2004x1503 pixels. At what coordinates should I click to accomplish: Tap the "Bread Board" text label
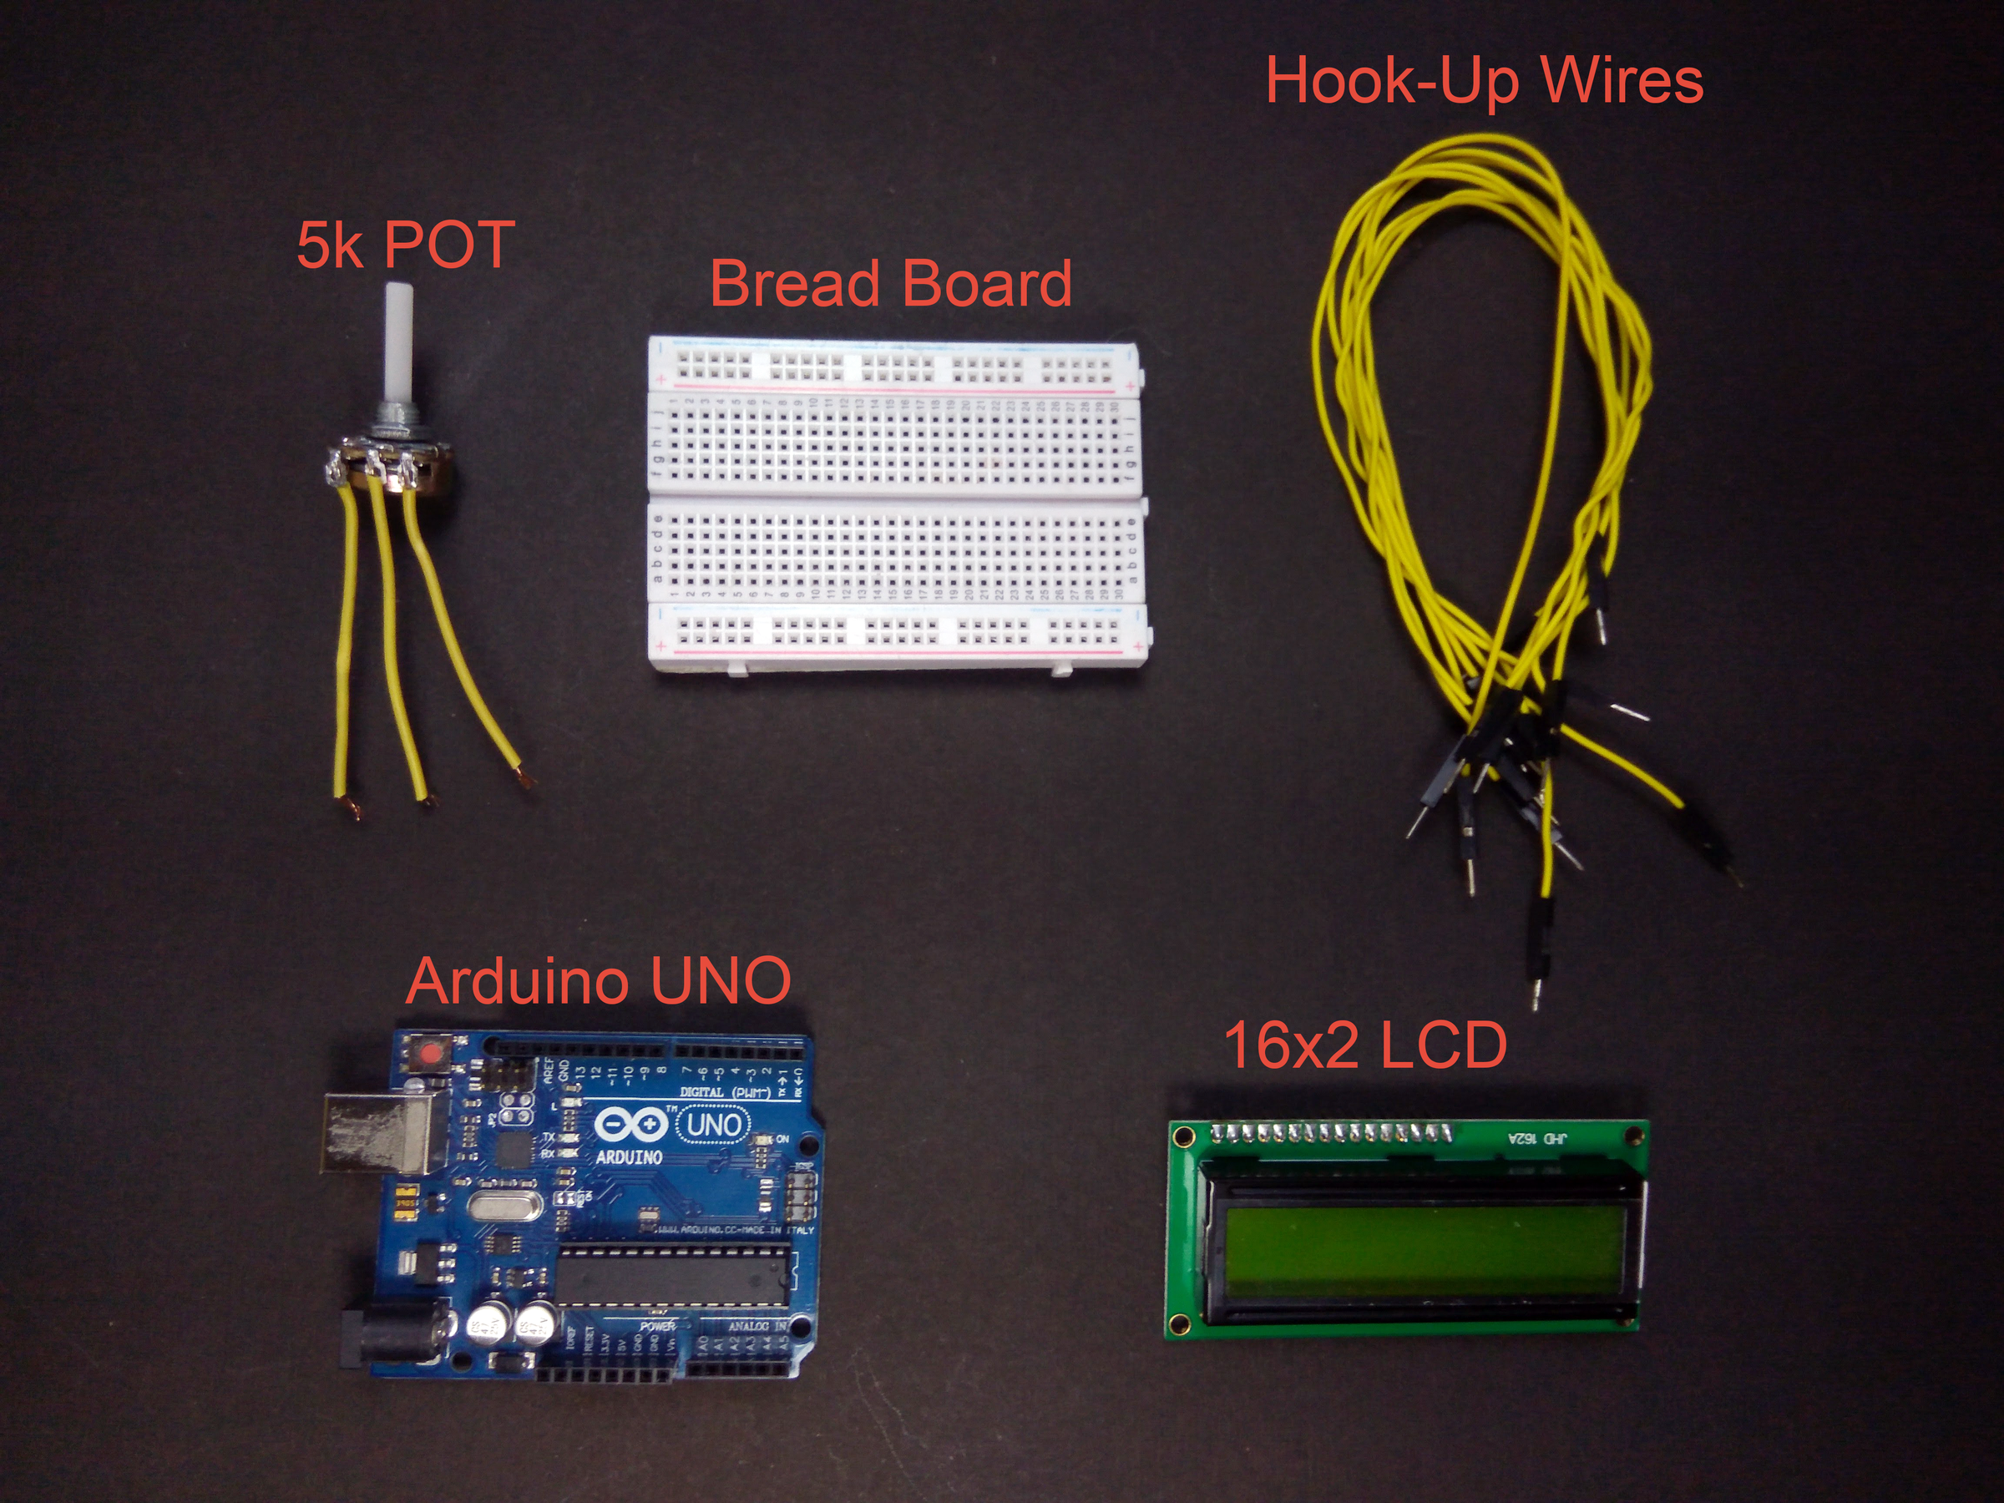point(891,284)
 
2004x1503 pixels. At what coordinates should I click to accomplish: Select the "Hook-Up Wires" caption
point(1484,82)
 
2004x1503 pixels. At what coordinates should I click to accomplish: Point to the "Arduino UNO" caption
point(598,980)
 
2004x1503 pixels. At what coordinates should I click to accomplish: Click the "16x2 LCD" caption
point(1365,1045)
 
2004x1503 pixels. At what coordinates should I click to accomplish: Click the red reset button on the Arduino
point(428,1055)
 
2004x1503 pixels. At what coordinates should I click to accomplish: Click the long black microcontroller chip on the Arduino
point(672,1277)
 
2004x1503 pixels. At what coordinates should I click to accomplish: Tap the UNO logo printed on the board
point(714,1126)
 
